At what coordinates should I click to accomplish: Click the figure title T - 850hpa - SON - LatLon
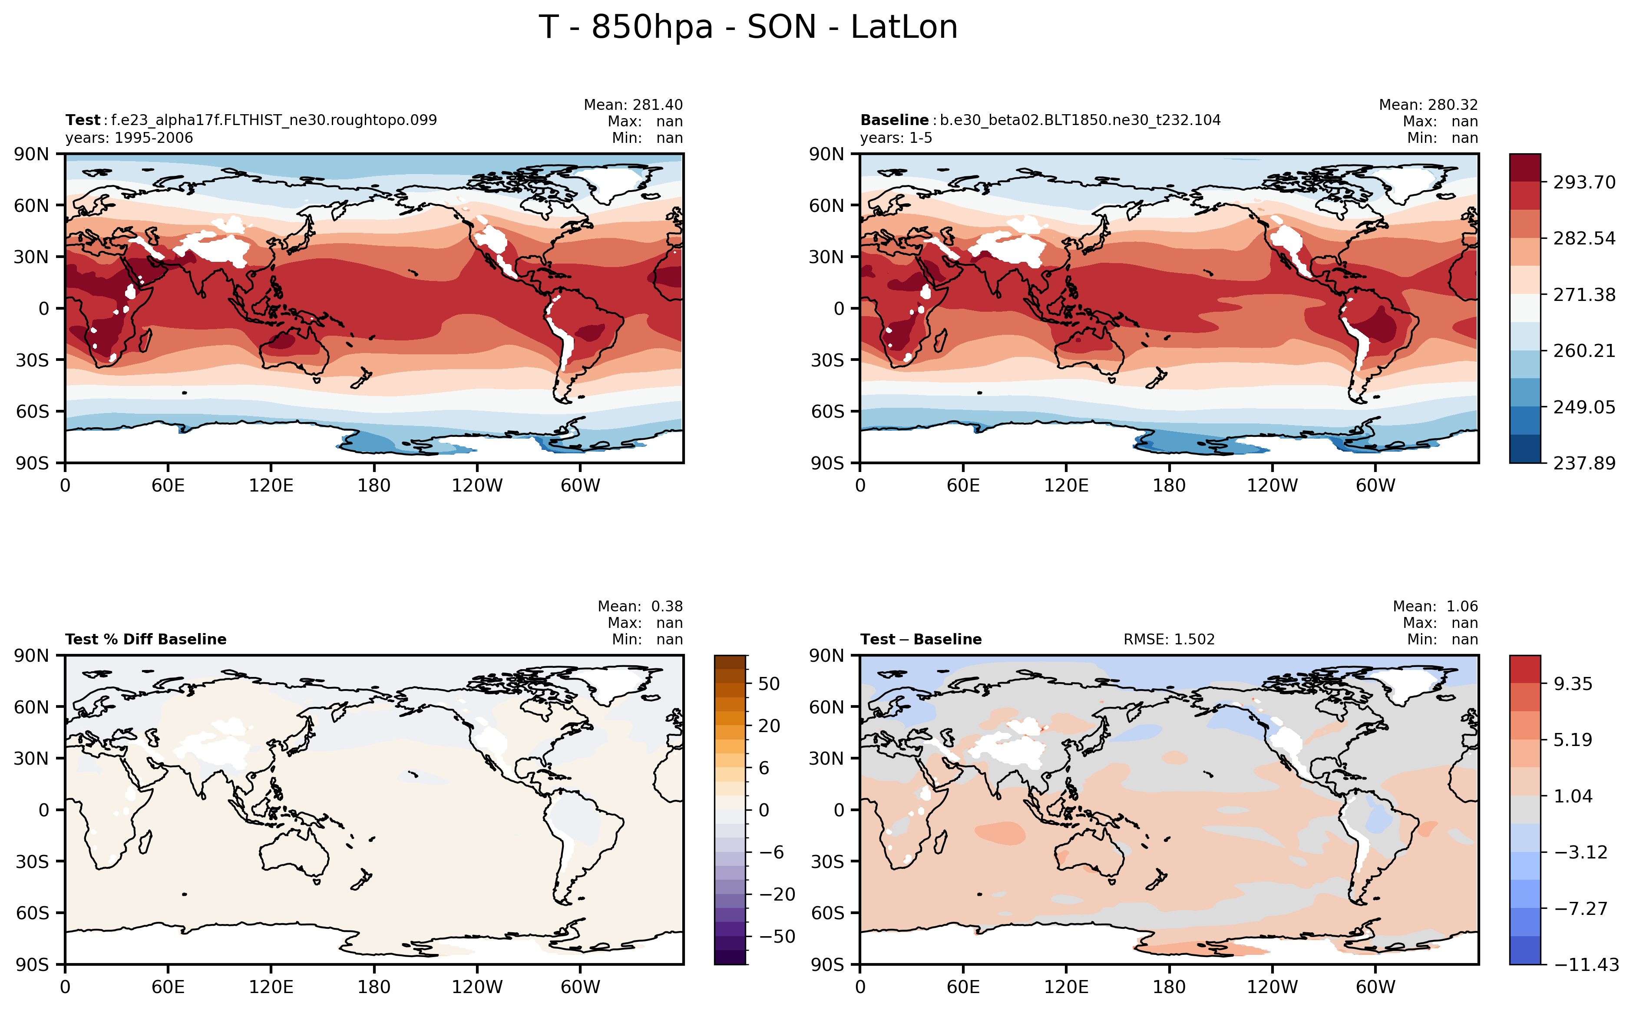pos(748,27)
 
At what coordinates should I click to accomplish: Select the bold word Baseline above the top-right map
pos(894,120)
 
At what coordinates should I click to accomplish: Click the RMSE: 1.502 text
pos(1169,639)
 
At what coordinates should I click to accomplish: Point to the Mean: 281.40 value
pos(633,105)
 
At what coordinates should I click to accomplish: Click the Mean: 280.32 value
pos(1428,105)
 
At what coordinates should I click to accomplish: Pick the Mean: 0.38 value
pos(640,607)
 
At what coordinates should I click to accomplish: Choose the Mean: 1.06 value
pos(1435,607)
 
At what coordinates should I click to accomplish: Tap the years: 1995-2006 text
pos(129,138)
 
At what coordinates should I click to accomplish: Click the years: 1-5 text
pos(896,138)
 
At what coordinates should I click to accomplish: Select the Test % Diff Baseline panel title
pos(145,639)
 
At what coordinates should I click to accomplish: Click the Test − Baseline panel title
pos(921,639)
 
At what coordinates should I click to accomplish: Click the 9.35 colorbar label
pos(1573,684)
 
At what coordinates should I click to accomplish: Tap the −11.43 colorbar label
pos(1586,964)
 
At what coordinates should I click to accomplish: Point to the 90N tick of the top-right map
pos(827,154)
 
